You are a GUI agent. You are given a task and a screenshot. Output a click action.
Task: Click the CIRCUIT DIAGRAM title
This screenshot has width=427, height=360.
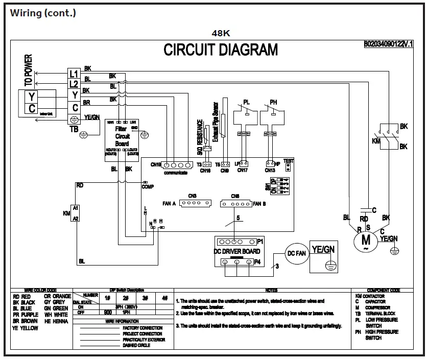[221, 50]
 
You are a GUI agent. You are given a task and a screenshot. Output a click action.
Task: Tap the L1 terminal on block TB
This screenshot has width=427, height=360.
[74, 74]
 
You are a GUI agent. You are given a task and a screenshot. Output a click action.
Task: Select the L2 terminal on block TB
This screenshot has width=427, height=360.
[74, 84]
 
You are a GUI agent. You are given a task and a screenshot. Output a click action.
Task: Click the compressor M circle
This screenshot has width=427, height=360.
[365, 239]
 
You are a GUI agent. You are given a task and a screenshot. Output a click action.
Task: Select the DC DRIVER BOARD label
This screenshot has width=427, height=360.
[236, 251]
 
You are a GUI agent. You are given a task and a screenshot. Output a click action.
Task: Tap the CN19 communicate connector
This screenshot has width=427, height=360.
[176, 165]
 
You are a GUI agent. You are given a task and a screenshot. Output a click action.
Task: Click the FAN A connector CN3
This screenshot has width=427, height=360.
[193, 203]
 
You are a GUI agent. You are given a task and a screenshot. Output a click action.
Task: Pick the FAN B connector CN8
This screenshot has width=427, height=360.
[235, 203]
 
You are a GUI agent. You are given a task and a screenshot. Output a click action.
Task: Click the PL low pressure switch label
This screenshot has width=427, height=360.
[247, 102]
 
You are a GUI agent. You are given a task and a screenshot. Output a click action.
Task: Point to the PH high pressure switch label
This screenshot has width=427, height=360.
[273, 102]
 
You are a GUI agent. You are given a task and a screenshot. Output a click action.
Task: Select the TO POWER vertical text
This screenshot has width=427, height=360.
[29, 70]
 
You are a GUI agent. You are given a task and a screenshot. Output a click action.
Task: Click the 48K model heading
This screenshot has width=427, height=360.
[221, 33]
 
